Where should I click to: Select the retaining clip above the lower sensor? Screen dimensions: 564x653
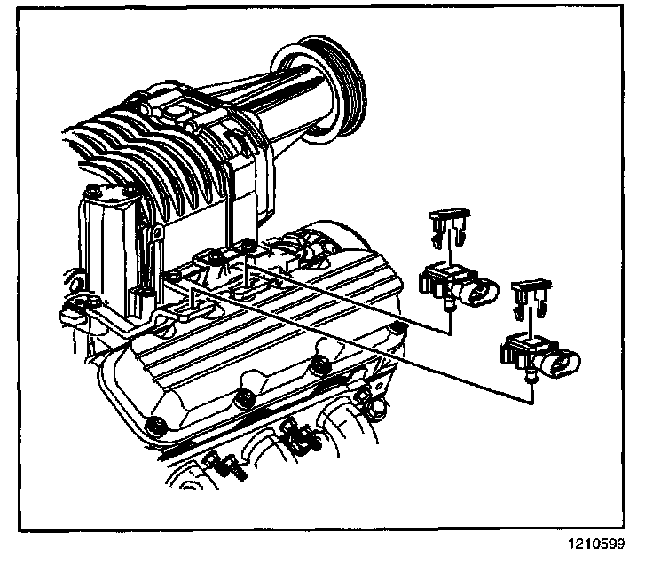point(529,297)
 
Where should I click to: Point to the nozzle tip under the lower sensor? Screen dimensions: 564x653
point(531,379)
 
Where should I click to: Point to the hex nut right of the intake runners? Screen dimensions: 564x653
point(376,404)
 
